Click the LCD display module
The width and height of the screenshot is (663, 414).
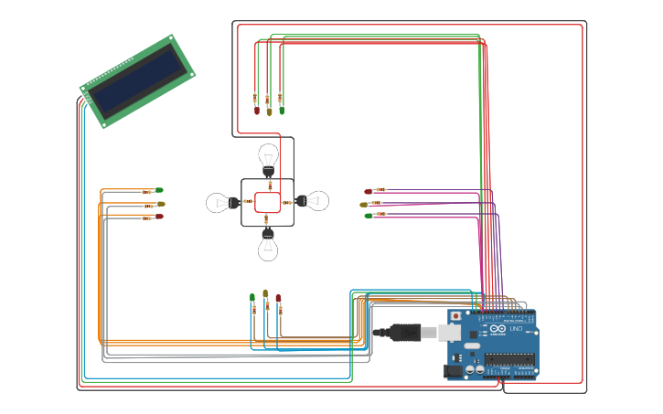[x=137, y=80]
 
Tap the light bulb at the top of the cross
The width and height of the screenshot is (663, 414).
[x=268, y=156]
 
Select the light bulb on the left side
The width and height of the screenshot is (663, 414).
[x=222, y=202]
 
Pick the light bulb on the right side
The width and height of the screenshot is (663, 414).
[x=314, y=201]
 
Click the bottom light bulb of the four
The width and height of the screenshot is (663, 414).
[x=268, y=244]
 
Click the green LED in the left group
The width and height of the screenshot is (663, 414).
[x=158, y=190]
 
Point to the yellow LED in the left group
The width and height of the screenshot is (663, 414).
[x=160, y=204]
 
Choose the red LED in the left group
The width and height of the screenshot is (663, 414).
[x=158, y=217]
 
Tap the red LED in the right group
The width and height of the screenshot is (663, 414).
[x=369, y=191]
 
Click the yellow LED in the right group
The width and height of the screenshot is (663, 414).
[x=365, y=205]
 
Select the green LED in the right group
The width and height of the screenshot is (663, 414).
[x=369, y=216]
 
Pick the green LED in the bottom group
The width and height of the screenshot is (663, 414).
[x=252, y=297]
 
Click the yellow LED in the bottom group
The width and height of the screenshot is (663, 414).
[x=265, y=293]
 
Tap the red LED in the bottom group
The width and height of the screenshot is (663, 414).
[x=278, y=298]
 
